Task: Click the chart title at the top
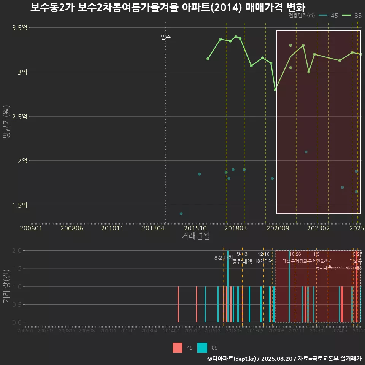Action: pyautogui.click(x=167, y=8)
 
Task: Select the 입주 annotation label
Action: pyautogui.click(x=166, y=37)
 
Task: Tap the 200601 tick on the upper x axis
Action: pyautogui.click(x=31, y=228)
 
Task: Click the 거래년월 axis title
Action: pyautogui.click(x=195, y=236)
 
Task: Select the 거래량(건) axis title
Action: pyautogui.click(x=6, y=287)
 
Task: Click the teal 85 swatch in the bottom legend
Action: pyautogui.click(x=203, y=348)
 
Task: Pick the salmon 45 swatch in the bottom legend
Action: pyautogui.click(x=178, y=348)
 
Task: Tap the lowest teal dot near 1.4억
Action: pyautogui.click(x=181, y=214)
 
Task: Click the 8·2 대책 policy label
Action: pyautogui.click(x=224, y=258)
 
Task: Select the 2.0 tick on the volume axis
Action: pyautogui.click(x=17, y=251)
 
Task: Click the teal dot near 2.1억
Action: pyautogui.click(x=306, y=152)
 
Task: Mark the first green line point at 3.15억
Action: pyautogui.click(x=208, y=59)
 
